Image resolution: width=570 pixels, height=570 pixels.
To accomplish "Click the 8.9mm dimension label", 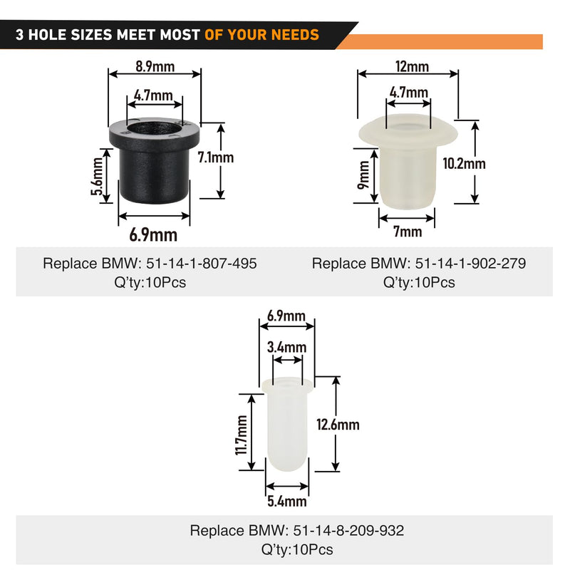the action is [155, 66].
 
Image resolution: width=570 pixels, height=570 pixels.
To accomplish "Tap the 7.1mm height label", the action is [216, 157].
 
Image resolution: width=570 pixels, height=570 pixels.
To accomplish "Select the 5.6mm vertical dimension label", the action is [97, 176].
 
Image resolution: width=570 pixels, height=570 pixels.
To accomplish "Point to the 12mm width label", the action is [413, 66].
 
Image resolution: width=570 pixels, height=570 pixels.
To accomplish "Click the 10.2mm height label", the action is [465, 164].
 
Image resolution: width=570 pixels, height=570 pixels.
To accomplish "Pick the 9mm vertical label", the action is [363, 175].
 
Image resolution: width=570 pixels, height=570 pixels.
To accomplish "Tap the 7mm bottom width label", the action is [408, 231].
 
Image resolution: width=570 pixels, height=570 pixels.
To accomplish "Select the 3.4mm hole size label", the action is [287, 347].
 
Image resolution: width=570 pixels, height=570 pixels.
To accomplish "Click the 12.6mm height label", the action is [338, 424].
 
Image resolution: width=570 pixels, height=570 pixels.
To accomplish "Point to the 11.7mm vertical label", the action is [242, 435].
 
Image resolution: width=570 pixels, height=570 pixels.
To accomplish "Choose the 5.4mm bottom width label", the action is [287, 502].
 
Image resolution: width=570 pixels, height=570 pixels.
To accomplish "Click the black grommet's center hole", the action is [154, 129].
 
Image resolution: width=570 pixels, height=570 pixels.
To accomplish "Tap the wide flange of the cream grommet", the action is [408, 132].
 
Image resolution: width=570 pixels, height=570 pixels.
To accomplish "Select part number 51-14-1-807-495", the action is [202, 263].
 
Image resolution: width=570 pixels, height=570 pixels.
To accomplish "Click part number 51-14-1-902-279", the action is [470, 263].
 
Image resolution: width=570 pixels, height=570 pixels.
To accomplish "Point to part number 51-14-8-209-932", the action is [348, 530].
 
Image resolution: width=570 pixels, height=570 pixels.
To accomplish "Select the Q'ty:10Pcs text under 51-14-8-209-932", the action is [297, 549].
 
